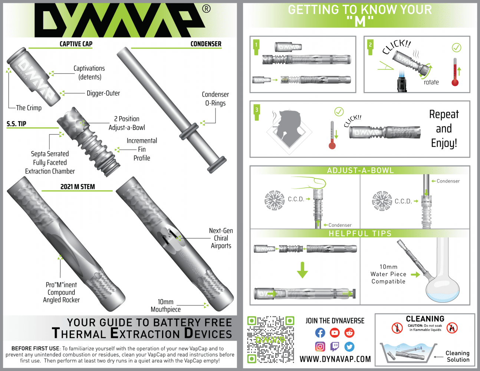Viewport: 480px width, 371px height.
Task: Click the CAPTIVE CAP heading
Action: (76, 44)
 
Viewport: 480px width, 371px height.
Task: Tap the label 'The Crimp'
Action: (29, 108)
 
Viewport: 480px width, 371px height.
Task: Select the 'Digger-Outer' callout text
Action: (103, 93)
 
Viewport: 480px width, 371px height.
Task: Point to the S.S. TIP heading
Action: (16, 124)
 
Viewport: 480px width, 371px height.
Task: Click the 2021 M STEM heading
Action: (78, 187)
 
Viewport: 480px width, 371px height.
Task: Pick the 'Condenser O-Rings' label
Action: (215, 99)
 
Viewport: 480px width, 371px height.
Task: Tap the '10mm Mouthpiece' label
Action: (165, 306)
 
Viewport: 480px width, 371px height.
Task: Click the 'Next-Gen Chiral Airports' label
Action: (221, 238)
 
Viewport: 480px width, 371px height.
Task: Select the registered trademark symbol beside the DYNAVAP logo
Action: (207, 9)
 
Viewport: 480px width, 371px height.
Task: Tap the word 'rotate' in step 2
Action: (431, 82)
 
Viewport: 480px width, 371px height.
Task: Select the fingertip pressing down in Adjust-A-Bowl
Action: (313, 183)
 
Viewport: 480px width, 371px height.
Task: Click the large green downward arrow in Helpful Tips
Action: (302, 270)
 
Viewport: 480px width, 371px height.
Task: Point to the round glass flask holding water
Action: (442, 286)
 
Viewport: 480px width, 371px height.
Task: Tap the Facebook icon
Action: (320, 333)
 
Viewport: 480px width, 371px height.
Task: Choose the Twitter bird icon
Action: (349, 347)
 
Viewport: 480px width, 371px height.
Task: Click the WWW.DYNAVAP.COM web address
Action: (335, 359)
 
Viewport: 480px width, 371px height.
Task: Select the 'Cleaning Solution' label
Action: (458, 357)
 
